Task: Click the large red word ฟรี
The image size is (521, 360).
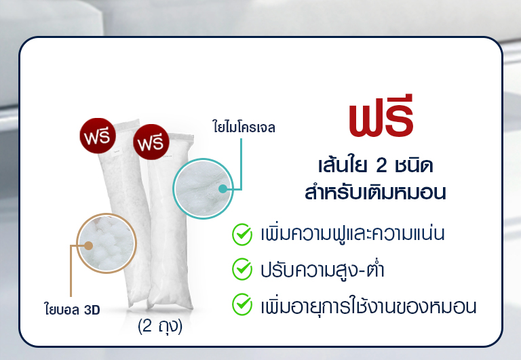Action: [x=381, y=116]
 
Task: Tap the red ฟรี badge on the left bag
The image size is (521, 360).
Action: [x=98, y=136]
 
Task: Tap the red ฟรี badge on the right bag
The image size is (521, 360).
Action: [x=151, y=142]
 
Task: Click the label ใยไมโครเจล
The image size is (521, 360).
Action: [x=244, y=127]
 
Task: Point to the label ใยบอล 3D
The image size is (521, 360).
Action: [x=72, y=310]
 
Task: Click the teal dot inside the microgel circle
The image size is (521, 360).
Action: [x=223, y=189]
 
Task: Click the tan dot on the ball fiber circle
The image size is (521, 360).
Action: [x=88, y=245]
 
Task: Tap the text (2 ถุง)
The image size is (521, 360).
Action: [x=160, y=326]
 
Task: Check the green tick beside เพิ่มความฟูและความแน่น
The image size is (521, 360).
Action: [x=242, y=234]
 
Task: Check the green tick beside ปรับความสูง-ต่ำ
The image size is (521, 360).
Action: [x=242, y=269]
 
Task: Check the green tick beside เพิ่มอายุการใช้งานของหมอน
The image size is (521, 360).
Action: [x=242, y=304]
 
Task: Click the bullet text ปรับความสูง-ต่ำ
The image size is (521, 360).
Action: [x=322, y=269]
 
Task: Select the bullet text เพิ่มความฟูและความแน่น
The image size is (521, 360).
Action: [x=353, y=233]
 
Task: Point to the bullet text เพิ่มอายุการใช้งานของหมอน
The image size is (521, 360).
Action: [x=368, y=306]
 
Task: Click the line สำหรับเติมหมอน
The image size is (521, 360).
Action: [x=375, y=193]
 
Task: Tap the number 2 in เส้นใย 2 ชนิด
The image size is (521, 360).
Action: [x=381, y=166]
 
